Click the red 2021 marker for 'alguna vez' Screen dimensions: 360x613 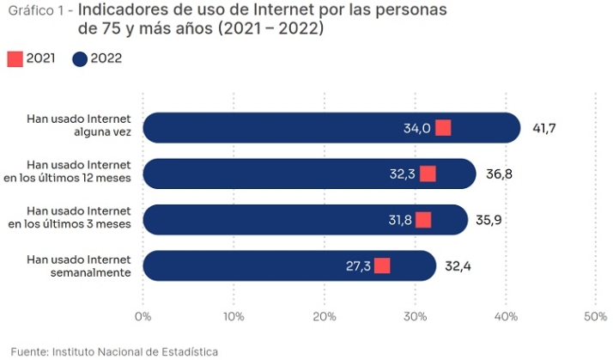[x=443, y=128]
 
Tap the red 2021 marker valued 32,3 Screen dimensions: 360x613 [x=428, y=174]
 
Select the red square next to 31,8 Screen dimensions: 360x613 [x=423, y=220]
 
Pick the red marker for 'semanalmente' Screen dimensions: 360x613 [x=382, y=265]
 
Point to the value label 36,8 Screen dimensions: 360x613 [x=500, y=174]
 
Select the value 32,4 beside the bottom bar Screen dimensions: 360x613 [x=458, y=266]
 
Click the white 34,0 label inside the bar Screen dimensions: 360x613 [x=416, y=129]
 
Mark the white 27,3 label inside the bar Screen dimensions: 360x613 [x=358, y=266]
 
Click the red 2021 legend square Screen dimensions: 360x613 [x=15, y=59]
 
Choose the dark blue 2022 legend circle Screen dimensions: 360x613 [x=81, y=59]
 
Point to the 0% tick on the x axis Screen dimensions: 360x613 [x=143, y=316]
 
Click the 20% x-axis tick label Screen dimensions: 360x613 [x=325, y=316]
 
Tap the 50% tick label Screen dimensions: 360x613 [x=595, y=316]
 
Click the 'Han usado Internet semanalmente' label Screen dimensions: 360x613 [x=78, y=265]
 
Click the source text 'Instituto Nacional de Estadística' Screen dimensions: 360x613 [x=135, y=351]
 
